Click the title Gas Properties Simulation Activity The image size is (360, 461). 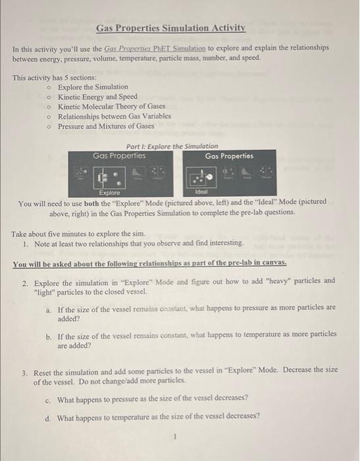click(x=170, y=28)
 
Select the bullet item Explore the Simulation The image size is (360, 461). click(x=93, y=87)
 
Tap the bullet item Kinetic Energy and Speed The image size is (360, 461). click(x=97, y=97)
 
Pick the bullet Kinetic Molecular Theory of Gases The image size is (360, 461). click(x=111, y=106)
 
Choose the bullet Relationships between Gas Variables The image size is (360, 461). click(x=114, y=116)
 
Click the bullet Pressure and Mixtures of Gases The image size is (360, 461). click(x=106, y=126)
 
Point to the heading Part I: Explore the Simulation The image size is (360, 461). click(x=171, y=146)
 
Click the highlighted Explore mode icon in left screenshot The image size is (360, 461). click(x=109, y=177)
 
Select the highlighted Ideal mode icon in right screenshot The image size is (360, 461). click(x=201, y=177)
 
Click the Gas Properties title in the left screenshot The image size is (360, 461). click(x=119, y=156)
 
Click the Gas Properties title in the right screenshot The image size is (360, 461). click(x=229, y=156)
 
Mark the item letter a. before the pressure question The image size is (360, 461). click(x=49, y=308)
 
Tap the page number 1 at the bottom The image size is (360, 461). click(x=176, y=436)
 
